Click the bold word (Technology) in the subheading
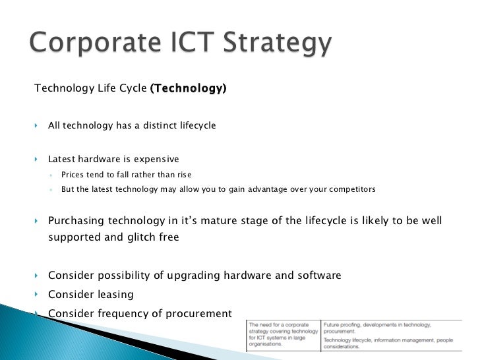pos(188,88)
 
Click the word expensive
pos(156,159)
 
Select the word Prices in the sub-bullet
pos(74,175)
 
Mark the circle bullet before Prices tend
pos(51,175)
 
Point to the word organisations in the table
pos(268,344)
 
